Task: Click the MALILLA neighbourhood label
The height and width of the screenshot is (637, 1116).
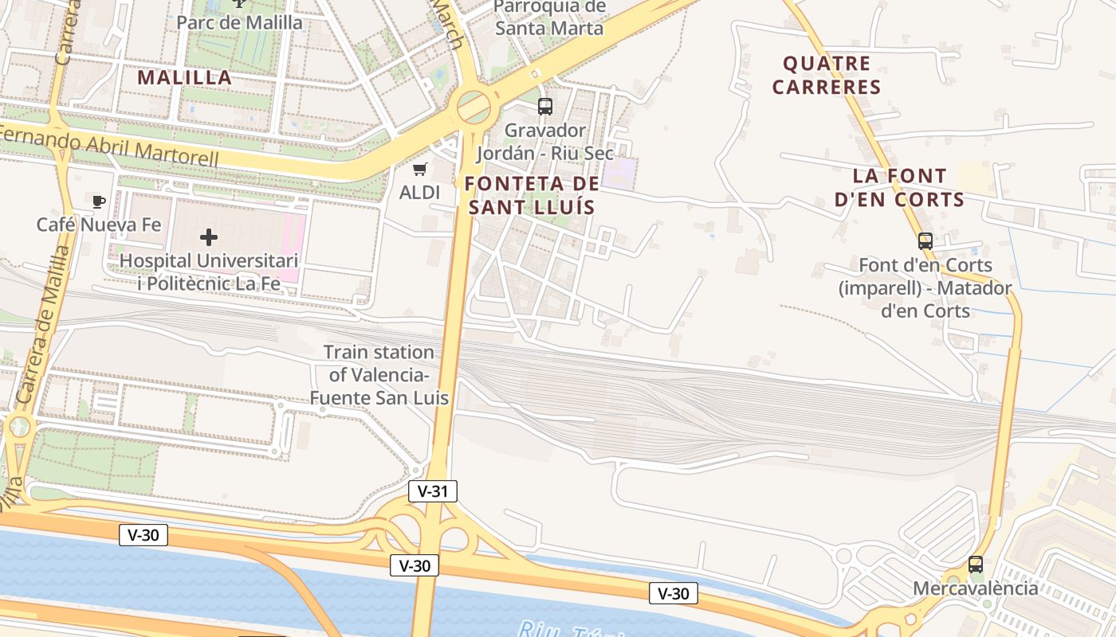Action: coord(184,77)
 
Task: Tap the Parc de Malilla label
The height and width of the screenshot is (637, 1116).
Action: coord(239,21)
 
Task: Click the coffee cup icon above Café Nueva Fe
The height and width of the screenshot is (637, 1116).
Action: coord(99,201)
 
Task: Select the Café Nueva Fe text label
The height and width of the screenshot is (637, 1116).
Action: coord(99,225)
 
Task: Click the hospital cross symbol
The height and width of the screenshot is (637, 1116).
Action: coord(209,237)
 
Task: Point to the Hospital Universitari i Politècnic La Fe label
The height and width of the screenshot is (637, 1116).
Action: coord(209,272)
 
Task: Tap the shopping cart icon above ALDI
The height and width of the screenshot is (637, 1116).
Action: coord(420,169)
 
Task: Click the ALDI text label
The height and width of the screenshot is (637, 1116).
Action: coord(420,192)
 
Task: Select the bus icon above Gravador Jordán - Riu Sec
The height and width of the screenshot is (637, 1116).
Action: coord(545,106)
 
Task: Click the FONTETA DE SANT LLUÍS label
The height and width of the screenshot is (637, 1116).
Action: coord(532,195)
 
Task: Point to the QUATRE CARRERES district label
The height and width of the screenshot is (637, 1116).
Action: coord(827,75)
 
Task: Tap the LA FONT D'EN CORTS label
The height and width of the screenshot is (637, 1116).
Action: coord(900,187)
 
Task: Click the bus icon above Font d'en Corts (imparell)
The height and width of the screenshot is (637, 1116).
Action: coord(925,240)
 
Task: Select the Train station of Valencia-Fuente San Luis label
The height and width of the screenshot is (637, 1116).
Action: coord(379,374)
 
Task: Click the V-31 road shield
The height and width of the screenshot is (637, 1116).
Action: coord(433,491)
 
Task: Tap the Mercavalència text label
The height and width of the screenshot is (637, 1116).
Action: coord(976,588)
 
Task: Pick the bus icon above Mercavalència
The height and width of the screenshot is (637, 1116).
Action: coord(976,565)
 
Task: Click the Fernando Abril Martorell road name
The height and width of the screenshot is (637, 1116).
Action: coord(112,146)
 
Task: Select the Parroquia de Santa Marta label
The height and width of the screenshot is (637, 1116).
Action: coord(549,18)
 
